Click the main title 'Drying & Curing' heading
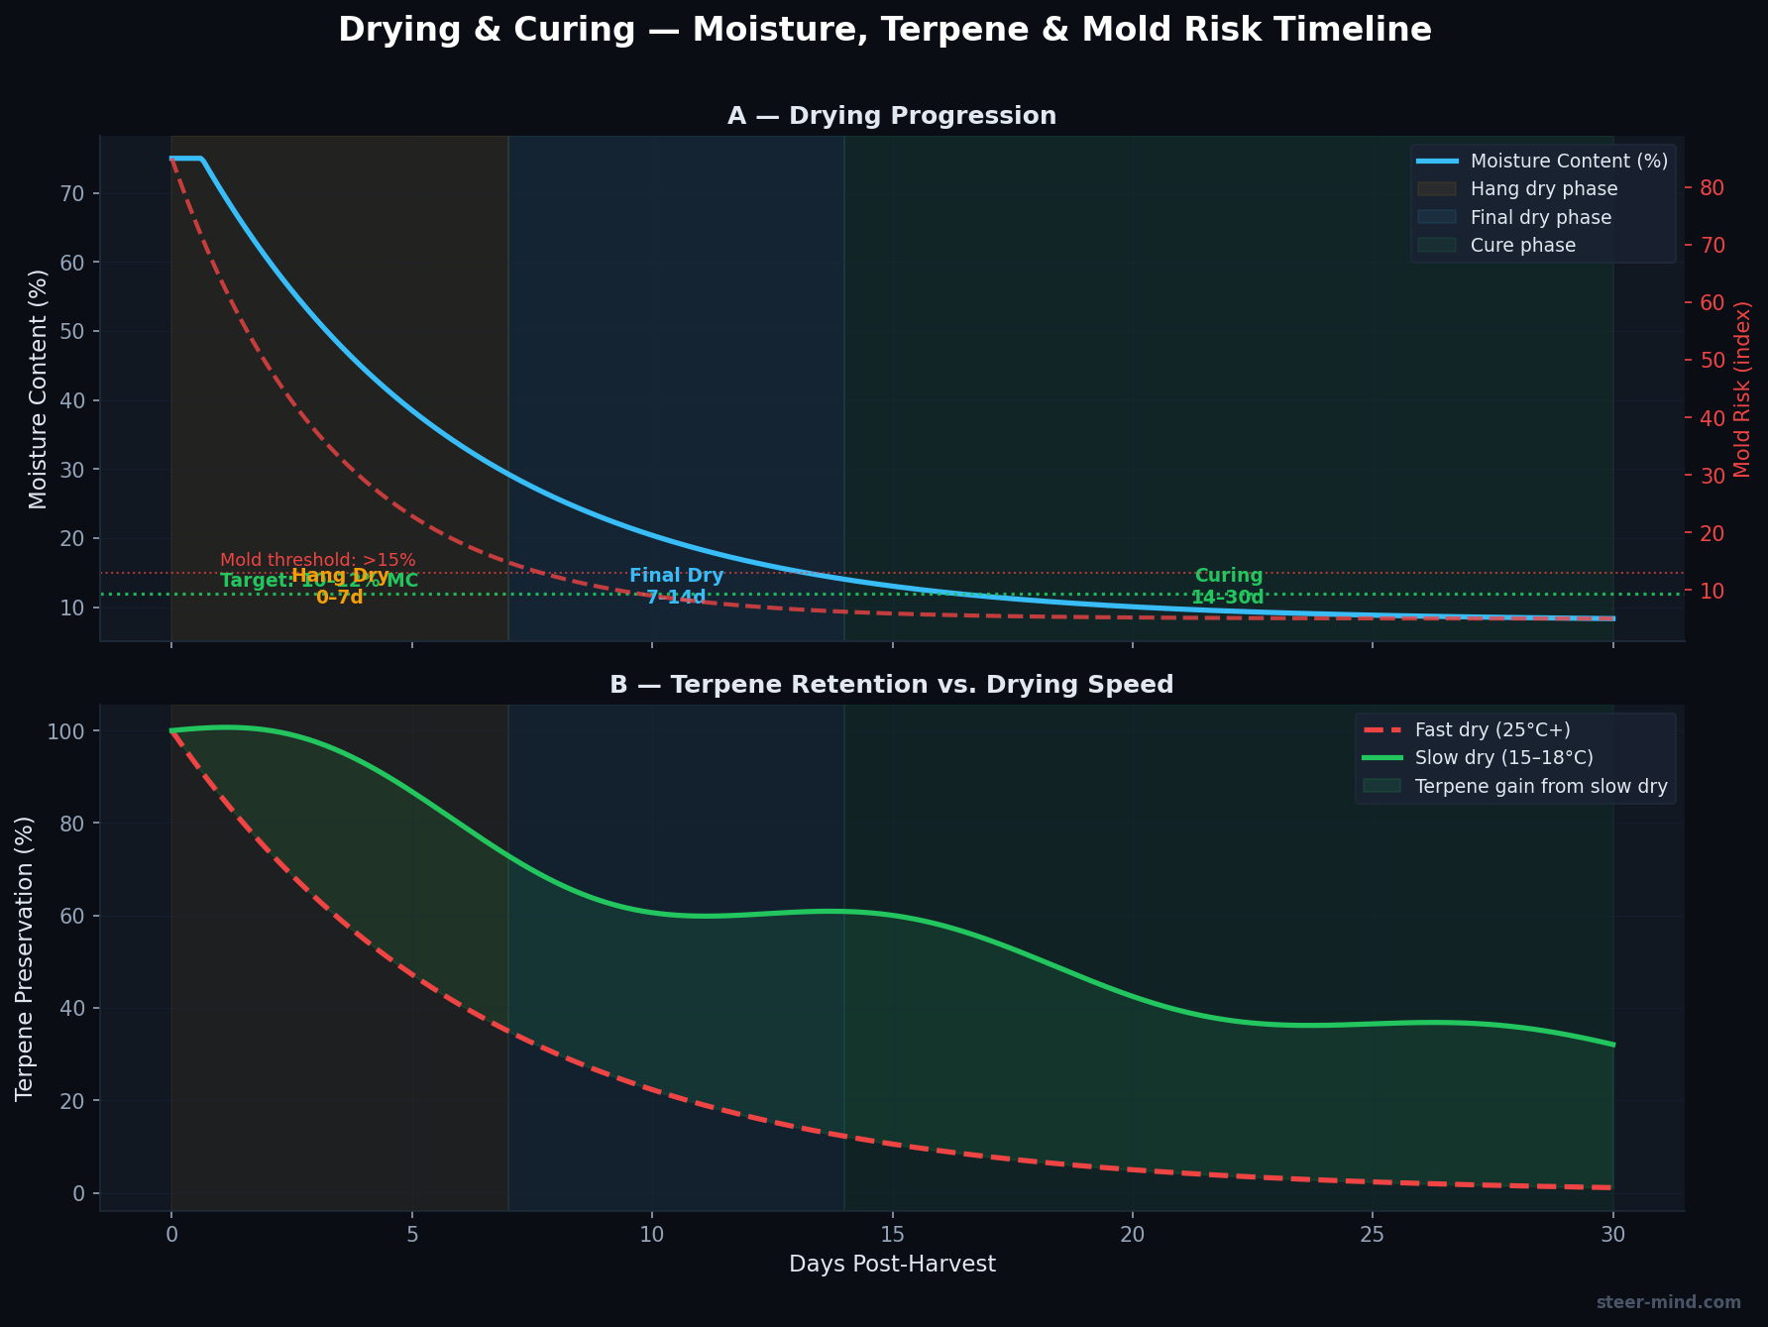tap(884, 30)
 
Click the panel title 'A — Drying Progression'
tap(892, 116)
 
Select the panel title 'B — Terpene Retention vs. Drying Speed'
tap(892, 685)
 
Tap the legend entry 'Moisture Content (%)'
tap(1569, 161)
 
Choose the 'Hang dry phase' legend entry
tap(1544, 188)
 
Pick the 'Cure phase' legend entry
tap(1522, 245)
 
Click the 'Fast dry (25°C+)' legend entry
tap(1492, 729)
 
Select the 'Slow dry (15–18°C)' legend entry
tap(1504, 758)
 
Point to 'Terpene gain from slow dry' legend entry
tap(1541, 787)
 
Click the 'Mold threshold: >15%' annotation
tap(317, 561)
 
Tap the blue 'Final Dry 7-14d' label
tap(677, 587)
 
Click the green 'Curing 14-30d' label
tap(1228, 587)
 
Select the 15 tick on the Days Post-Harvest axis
tap(892, 1235)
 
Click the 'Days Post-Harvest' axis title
tap(892, 1265)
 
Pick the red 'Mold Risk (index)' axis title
tap(1743, 389)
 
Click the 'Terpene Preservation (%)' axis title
tap(25, 957)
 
